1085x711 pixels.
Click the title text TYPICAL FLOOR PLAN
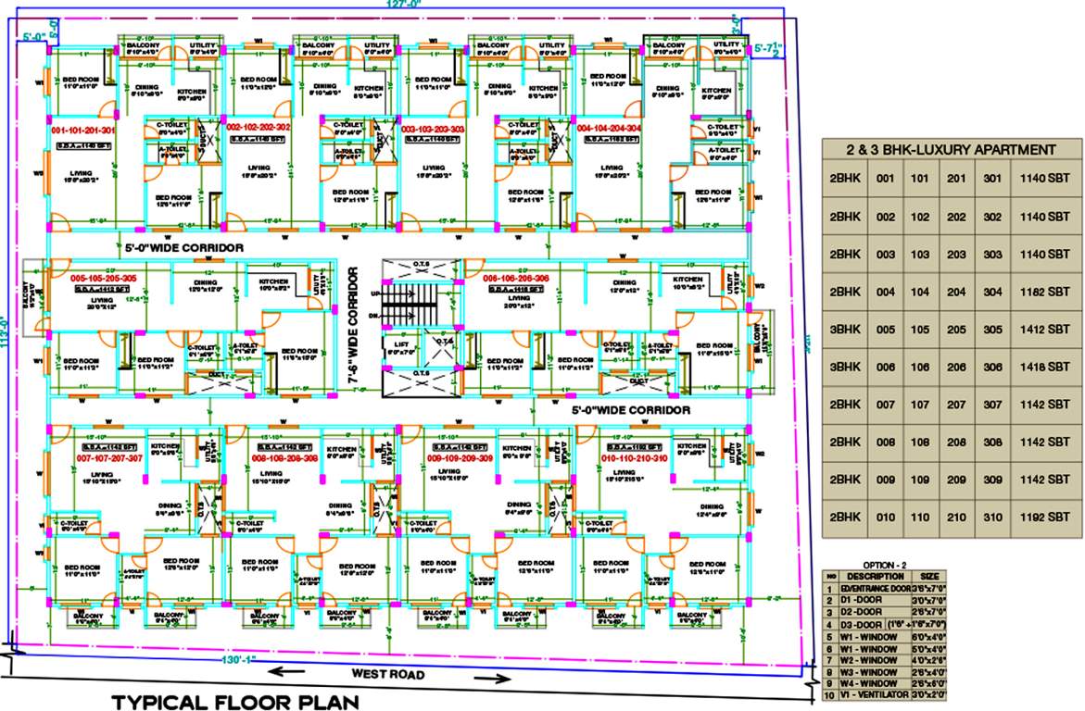234,702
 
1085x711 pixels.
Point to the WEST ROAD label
387,675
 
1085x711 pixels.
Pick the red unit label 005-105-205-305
104,278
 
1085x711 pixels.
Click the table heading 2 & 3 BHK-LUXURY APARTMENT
951,149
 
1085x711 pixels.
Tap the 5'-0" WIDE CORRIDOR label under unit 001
184,248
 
